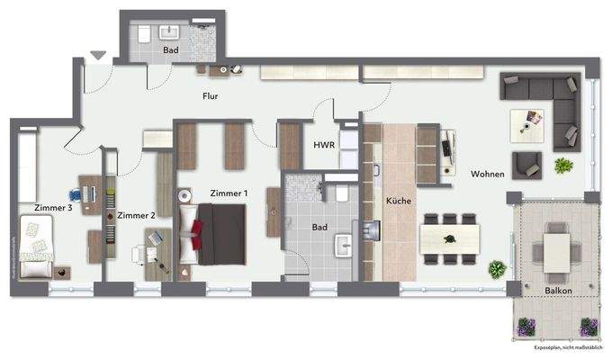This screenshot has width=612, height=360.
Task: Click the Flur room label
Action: tap(211, 95)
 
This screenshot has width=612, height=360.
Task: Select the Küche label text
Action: tap(398, 201)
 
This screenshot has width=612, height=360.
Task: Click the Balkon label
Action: tap(559, 291)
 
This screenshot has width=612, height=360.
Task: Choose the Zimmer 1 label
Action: tap(228, 193)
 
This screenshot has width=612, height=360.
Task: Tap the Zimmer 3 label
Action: tap(52, 209)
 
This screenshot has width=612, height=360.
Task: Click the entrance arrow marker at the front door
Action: tap(97, 56)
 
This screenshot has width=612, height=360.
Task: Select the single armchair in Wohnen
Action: tap(526, 165)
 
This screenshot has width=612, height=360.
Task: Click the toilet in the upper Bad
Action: tap(144, 36)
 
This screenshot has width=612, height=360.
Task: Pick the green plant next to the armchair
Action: tap(563, 166)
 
